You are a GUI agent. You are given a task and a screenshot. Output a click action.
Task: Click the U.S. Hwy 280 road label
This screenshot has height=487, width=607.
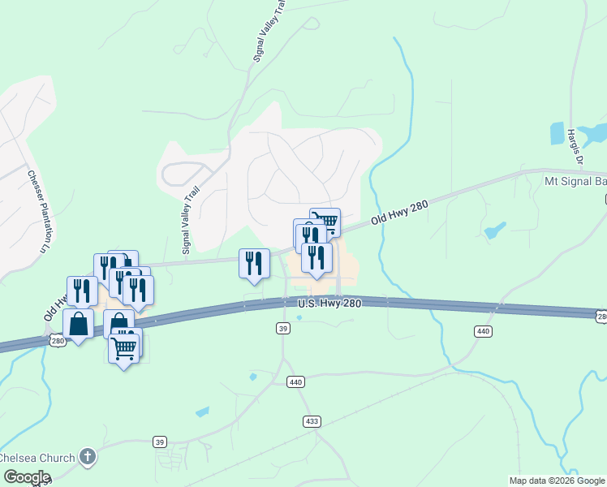[x=329, y=303]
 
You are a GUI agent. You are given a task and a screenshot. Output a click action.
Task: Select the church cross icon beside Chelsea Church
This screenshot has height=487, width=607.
[x=88, y=458]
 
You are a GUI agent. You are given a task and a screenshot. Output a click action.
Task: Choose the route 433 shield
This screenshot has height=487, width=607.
[x=312, y=421]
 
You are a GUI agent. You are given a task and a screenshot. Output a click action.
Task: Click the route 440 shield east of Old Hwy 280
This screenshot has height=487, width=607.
[x=483, y=331]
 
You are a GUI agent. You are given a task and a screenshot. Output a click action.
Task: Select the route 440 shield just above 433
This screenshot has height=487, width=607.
[x=295, y=381]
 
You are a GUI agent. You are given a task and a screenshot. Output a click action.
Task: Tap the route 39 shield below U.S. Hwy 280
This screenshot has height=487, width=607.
[x=282, y=328]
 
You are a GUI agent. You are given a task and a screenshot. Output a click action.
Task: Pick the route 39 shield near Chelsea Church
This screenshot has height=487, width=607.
[x=161, y=442]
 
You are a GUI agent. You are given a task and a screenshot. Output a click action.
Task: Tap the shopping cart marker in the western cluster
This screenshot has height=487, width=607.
[x=124, y=349]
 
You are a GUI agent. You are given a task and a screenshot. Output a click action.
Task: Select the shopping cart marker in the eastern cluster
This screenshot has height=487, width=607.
[x=325, y=222]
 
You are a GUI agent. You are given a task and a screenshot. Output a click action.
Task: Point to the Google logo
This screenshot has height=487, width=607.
[x=26, y=477]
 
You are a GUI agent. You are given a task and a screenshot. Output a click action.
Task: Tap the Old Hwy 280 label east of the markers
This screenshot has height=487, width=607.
[x=399, y=213]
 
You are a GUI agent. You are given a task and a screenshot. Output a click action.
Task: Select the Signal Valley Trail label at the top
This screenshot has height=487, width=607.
[x=270, y=32]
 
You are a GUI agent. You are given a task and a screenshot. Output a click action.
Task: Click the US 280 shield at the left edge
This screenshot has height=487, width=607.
[x=57, y=342]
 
